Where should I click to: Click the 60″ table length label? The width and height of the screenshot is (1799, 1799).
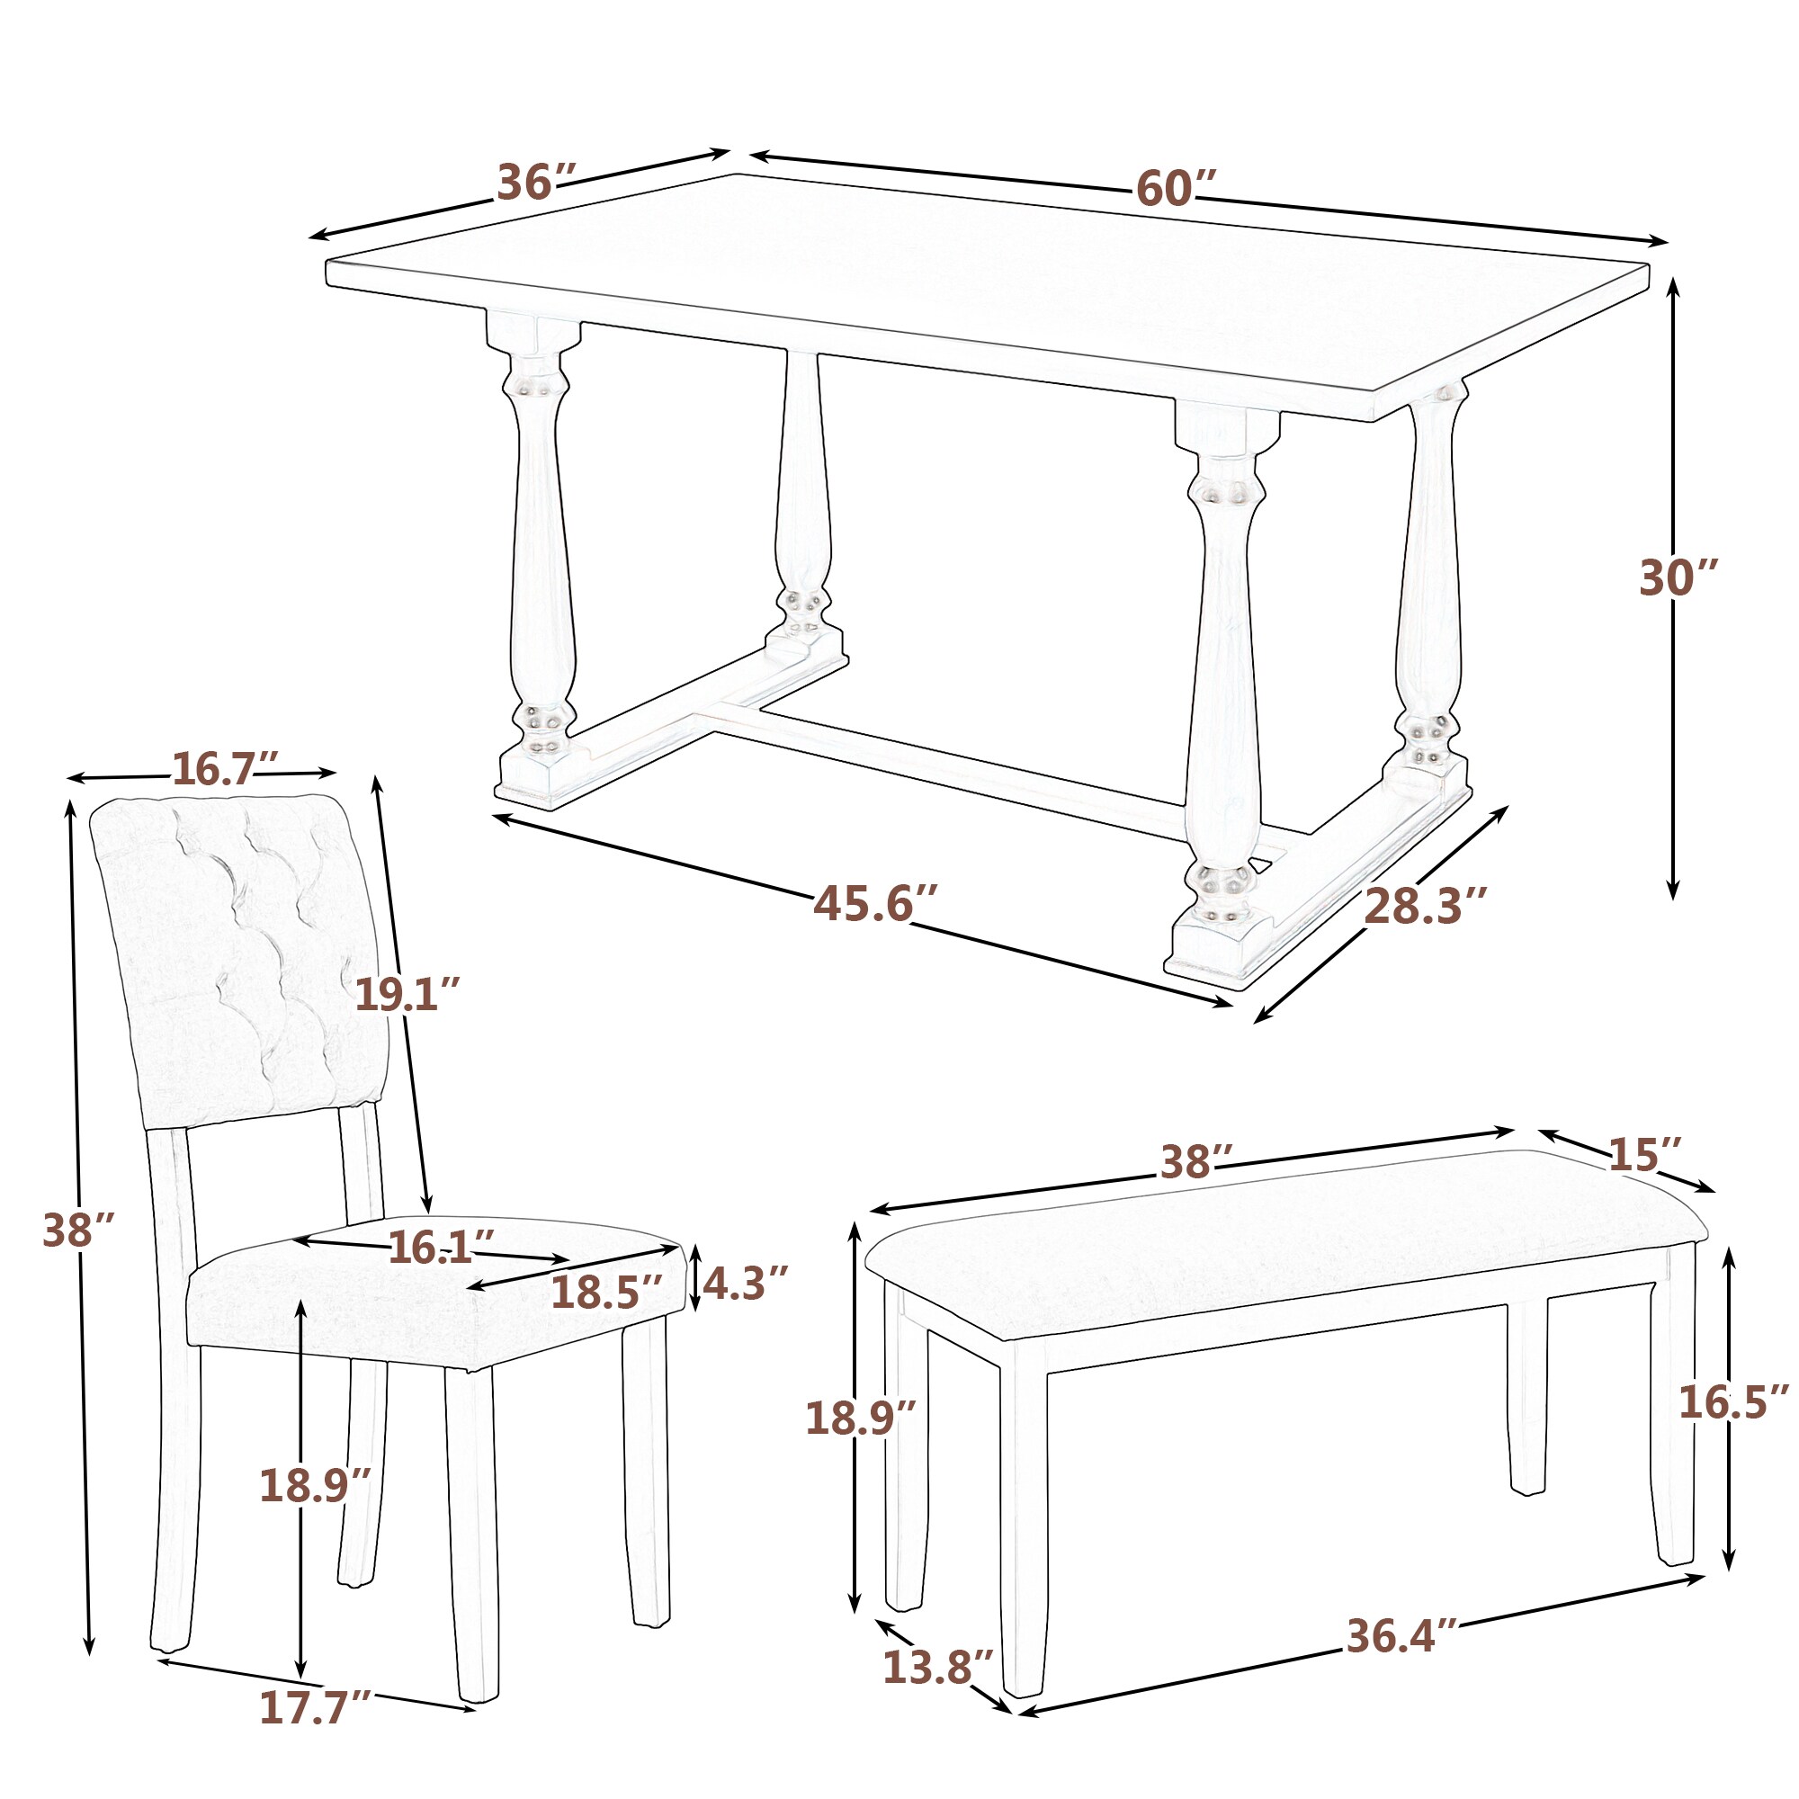tap(1176, 189)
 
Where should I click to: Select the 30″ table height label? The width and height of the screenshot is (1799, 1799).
tap(1677, 578)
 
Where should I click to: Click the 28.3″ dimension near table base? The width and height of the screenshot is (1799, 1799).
tap(1424, 906)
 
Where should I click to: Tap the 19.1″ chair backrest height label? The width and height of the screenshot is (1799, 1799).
tap(407, 996)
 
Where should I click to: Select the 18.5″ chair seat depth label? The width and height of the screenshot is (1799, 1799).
tap(606, 1293)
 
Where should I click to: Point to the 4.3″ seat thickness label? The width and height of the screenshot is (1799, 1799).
tap(745, 1284)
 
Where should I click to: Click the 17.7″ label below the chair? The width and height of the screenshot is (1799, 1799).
tap(315, 1733)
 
